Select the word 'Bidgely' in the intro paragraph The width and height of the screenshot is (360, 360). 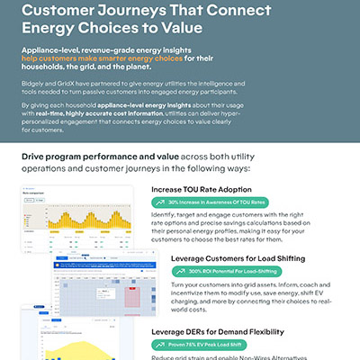36,81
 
